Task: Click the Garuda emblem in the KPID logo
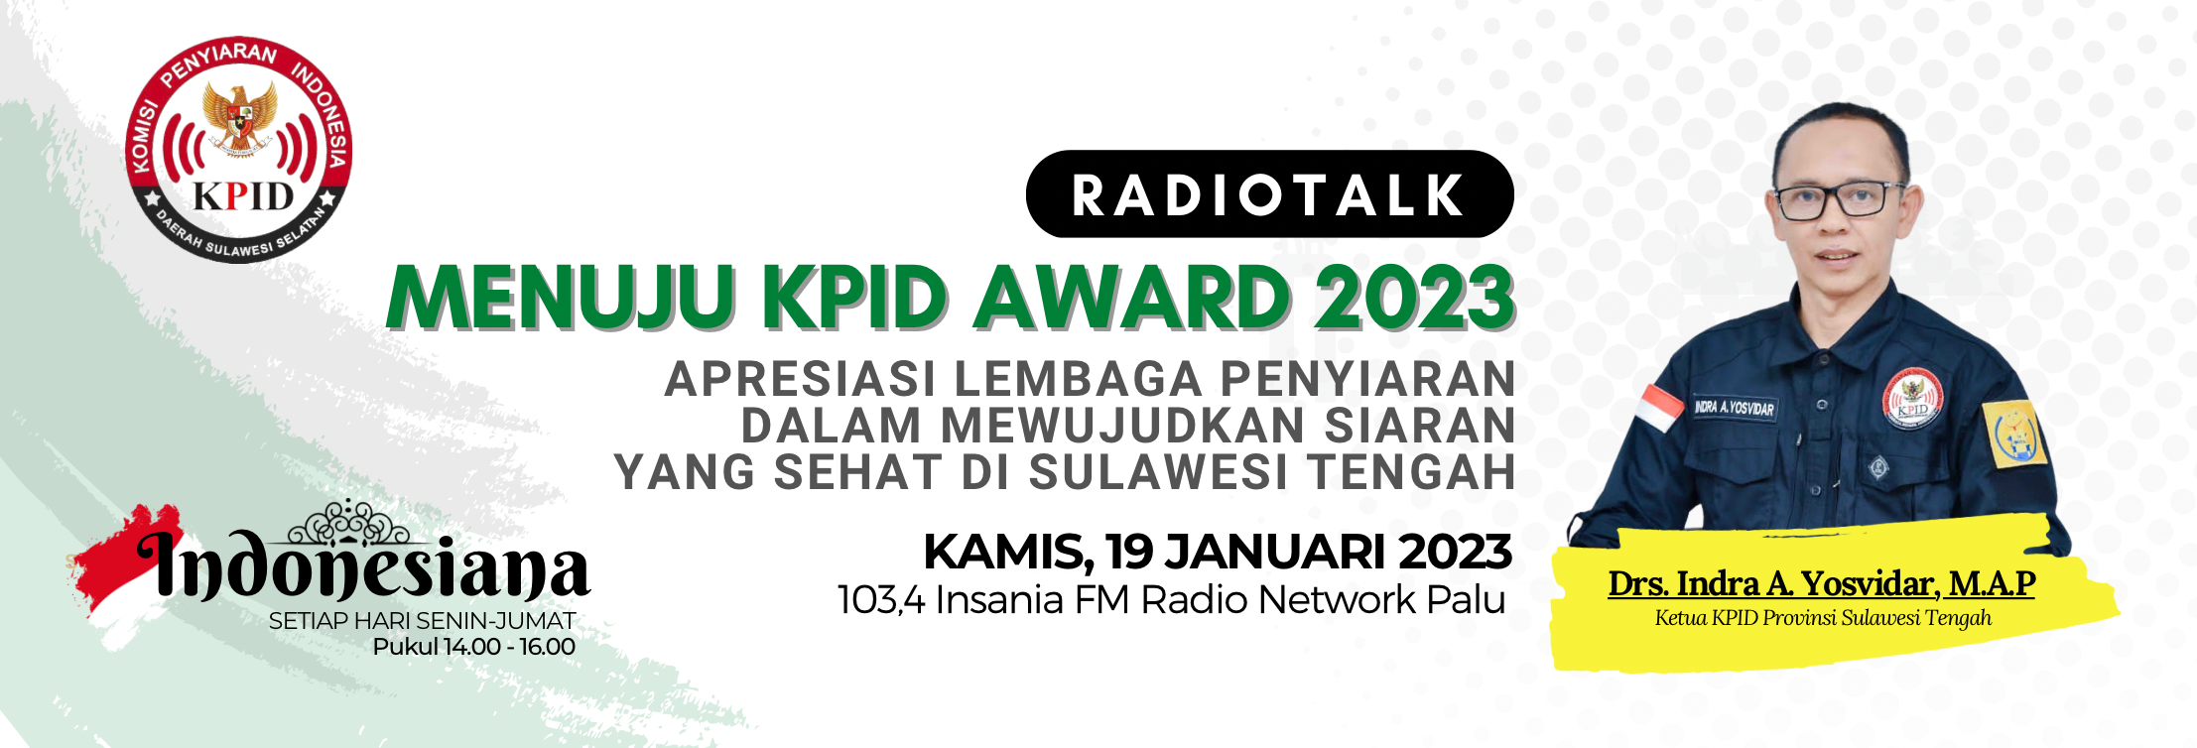click(239, 117)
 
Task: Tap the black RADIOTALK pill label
click(1269, 193)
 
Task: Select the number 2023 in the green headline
click(1415, 297)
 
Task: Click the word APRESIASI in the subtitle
click(801, 379)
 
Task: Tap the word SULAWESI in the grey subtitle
click(1158, 472)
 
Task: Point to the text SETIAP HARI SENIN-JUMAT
click(422, 621)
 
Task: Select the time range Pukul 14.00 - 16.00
click(474, 647)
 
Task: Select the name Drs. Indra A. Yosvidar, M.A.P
click(1822, 583)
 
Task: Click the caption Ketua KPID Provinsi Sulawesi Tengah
click(1823, 618)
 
